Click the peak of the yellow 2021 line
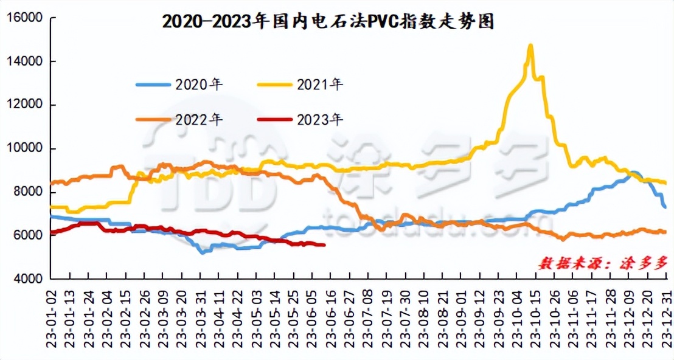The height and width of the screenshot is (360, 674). click(x=530, y=46)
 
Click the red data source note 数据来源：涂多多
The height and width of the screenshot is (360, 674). click(x=602, y=263)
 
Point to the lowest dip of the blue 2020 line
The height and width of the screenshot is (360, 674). click(x=202, y=251)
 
